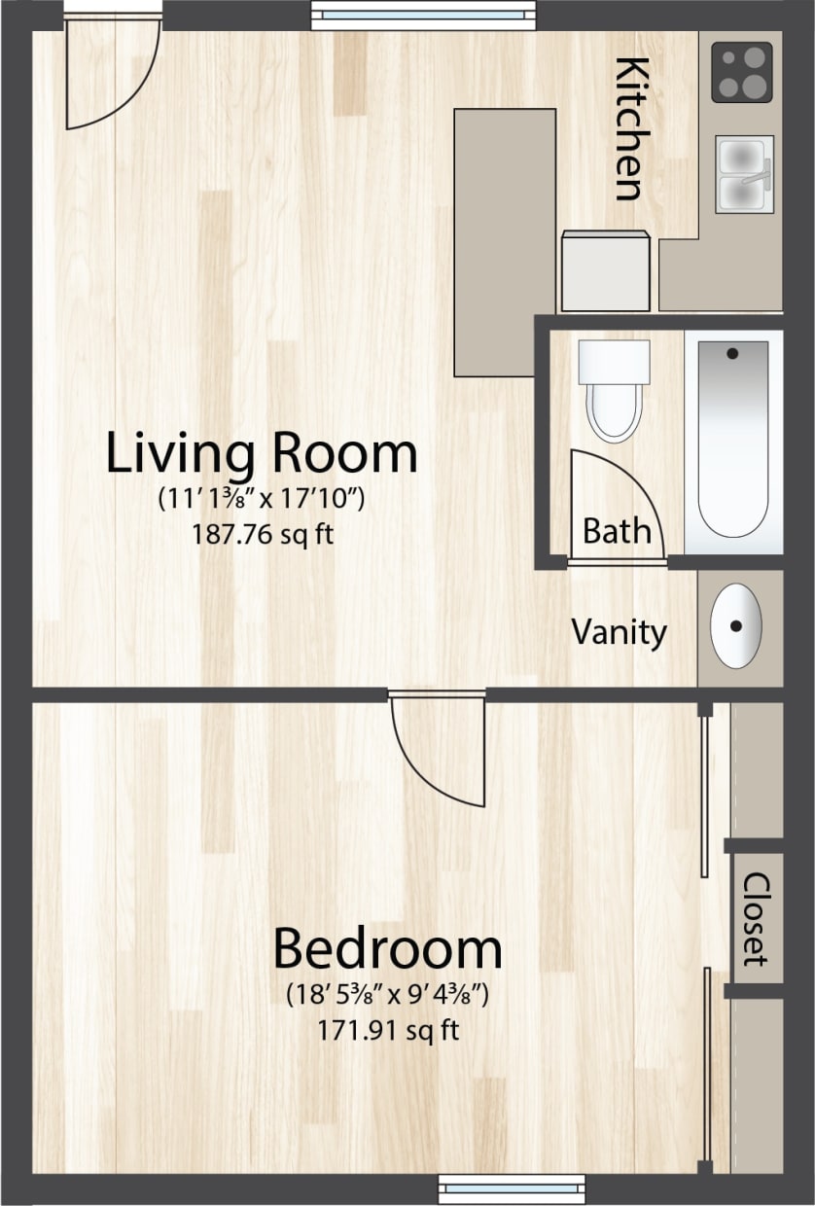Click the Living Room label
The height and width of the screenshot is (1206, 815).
click(x=261, y=453)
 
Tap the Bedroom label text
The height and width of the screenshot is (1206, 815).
click(x=387, y=949)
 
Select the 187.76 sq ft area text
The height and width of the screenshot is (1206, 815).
click(x=262, y=534)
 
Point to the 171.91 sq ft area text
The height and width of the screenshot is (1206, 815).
click(x=388, y=1030)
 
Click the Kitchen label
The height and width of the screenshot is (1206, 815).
click(x=631, y=128)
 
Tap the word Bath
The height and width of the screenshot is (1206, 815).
click(x=617, y=531)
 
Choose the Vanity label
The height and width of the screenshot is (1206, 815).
click(x=619, y=632)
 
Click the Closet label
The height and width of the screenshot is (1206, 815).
click(x=756, y=918)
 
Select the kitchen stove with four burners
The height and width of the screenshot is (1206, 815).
click(x=741, y=72)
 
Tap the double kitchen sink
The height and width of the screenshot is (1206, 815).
click(x=744, y=174)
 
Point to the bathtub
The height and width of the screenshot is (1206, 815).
click(x=732, y=438)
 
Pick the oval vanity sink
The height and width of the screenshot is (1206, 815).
click(x=736, y=625)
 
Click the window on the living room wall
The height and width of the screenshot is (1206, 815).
click(x=423, y=14)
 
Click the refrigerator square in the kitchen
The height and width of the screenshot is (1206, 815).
click(x=606, y=271)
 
